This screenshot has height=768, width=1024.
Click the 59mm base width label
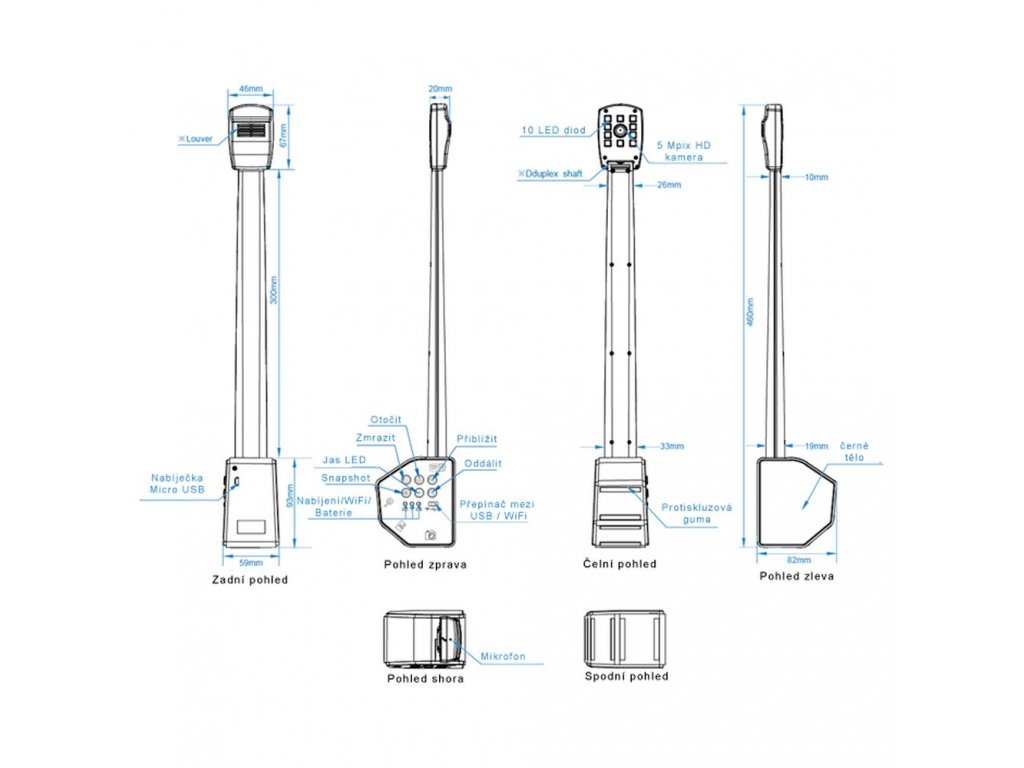(x=250, y=563)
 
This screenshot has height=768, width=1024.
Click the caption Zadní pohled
(x=250, y=579)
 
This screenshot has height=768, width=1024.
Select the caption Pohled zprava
(x=425, y=564)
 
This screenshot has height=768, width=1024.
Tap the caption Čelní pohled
(x=620, y=564)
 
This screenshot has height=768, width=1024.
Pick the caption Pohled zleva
(x=797, y=576)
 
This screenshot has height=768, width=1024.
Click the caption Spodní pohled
(x=626, y=676)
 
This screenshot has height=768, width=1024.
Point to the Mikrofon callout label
(x=503, y=657)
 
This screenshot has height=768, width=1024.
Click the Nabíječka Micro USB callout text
(x=171, y=485)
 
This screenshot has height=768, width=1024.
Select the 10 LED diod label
(x=554, y=130)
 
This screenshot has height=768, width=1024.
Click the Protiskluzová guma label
(x=697, y=514)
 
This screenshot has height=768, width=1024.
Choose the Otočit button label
(x=387, y=419)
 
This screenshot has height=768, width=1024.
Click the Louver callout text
(x=196, y=139)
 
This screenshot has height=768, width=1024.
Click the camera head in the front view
(x=621, y=131)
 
